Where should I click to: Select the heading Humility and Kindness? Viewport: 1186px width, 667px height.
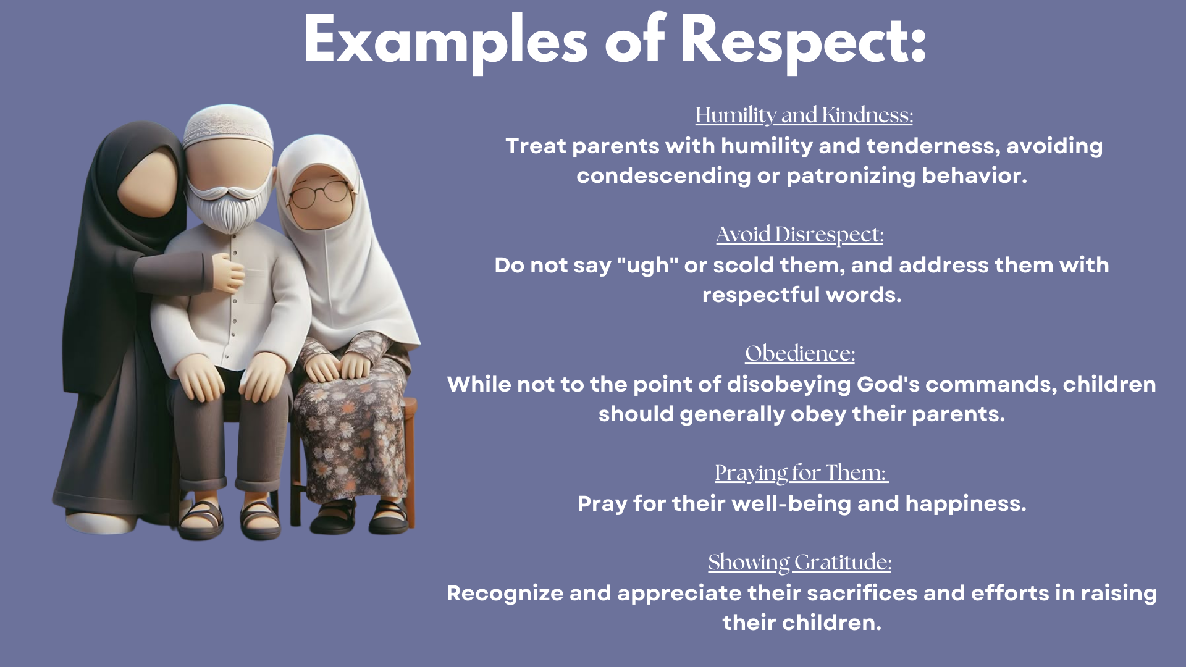click(804, 115)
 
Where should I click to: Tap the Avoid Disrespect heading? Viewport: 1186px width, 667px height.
click(800, 235)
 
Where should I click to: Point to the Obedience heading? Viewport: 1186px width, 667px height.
click(800, 353)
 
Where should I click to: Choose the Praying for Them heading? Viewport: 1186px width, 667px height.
click(801, 473)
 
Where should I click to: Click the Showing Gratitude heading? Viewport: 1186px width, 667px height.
click(800, 563)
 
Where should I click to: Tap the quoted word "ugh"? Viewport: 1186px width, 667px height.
click(647, 266)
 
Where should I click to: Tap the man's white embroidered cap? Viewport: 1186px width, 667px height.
click(228, 126)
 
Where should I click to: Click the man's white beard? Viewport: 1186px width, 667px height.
click(229, 207)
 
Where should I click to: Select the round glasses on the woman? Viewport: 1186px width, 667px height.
click(319, 193)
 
